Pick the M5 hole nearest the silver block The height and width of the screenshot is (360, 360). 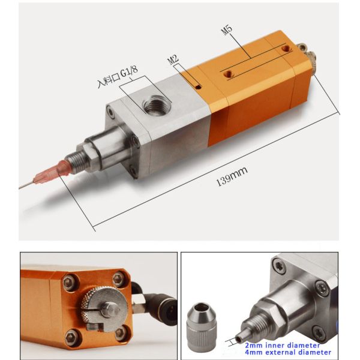(227, 74)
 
